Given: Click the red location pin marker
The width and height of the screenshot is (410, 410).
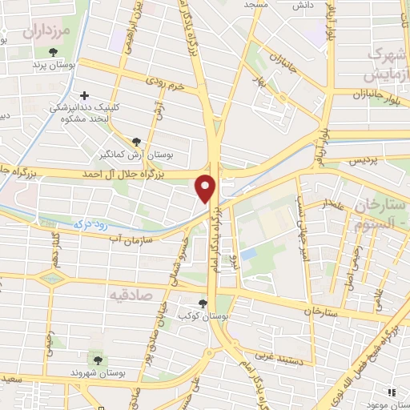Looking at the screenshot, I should [207, 188].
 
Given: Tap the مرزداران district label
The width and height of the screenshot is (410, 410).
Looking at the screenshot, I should [47, 32].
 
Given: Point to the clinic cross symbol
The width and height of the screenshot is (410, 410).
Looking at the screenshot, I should [85, 95].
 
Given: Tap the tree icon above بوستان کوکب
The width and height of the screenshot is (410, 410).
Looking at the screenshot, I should [203, 303].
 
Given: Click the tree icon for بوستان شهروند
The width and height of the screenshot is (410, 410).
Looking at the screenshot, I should [98, 360].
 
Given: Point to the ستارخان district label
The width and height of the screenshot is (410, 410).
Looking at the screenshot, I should [384, 203].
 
